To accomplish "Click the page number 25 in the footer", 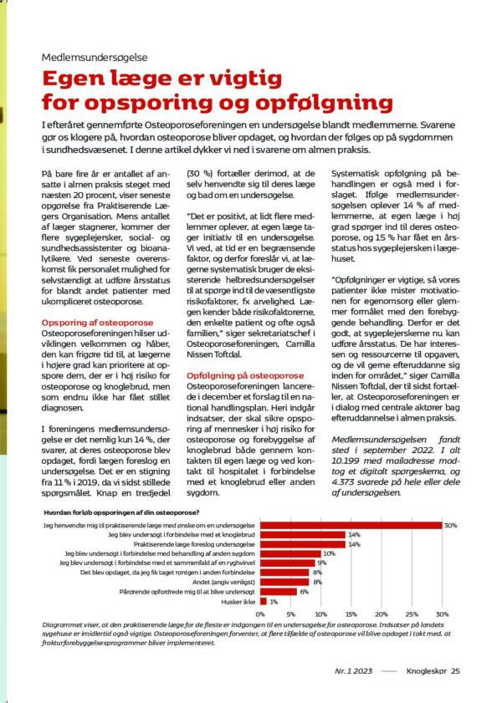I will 454,670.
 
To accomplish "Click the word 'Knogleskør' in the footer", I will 422,670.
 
